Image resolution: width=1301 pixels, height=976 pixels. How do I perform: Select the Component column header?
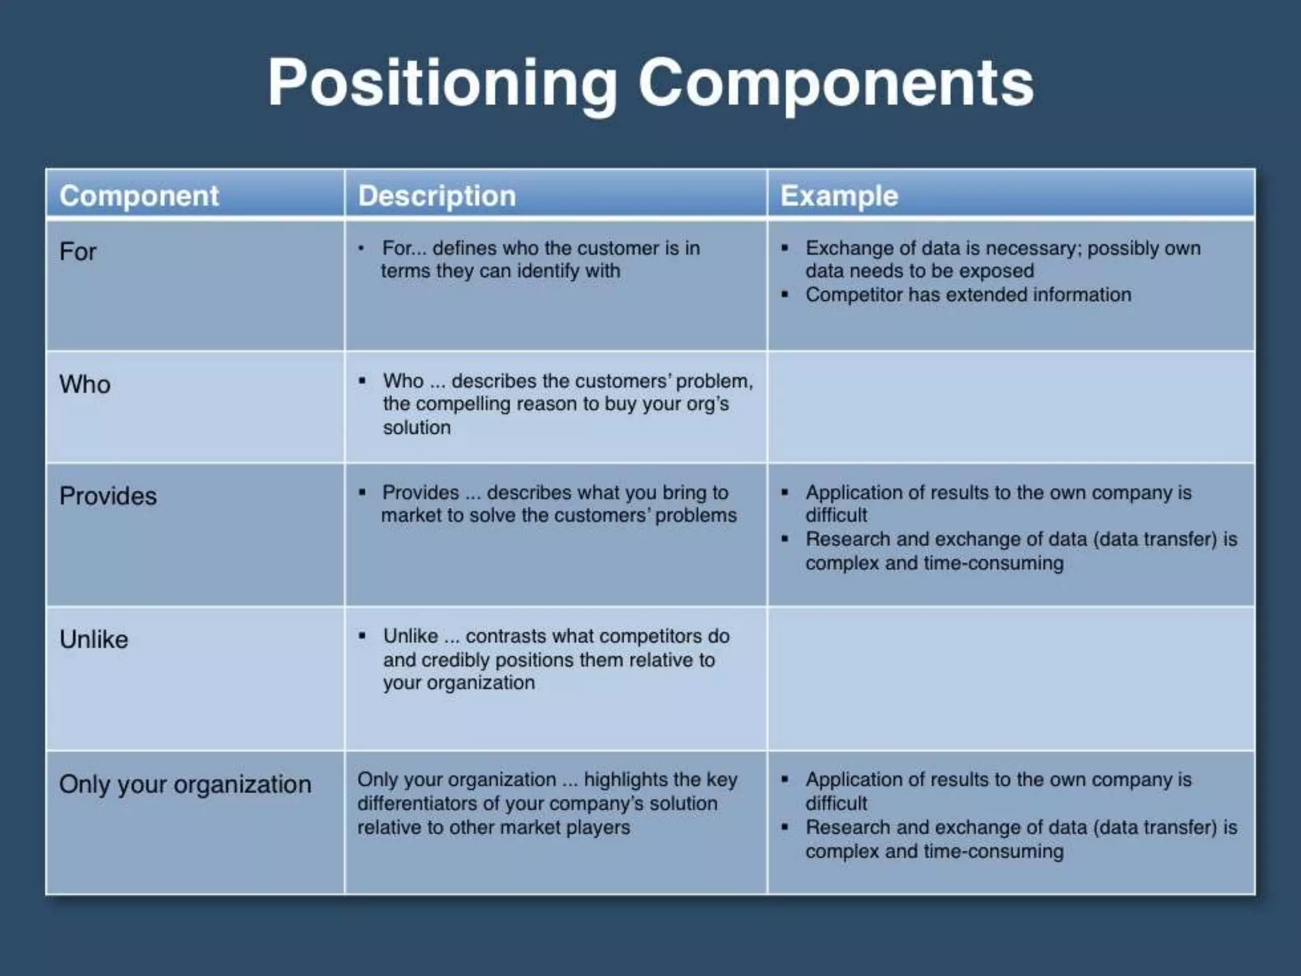139,196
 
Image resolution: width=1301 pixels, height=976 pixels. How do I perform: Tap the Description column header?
437,196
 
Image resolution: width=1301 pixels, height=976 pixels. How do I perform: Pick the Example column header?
839,196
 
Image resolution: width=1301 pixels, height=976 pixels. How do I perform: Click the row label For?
78,252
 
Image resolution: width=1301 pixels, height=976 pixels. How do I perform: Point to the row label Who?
85,384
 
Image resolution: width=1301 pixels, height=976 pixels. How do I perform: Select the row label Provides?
108,496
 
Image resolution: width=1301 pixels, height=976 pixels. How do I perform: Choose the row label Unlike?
94,640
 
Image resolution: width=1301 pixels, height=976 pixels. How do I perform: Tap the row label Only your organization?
185,785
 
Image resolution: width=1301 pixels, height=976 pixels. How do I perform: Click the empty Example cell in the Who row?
1011,407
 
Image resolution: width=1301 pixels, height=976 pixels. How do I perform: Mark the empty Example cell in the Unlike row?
1011,679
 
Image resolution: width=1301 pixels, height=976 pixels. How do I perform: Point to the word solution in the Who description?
417,428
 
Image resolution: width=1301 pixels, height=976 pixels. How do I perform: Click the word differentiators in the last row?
417,804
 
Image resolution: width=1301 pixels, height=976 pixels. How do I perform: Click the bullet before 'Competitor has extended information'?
786,295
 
